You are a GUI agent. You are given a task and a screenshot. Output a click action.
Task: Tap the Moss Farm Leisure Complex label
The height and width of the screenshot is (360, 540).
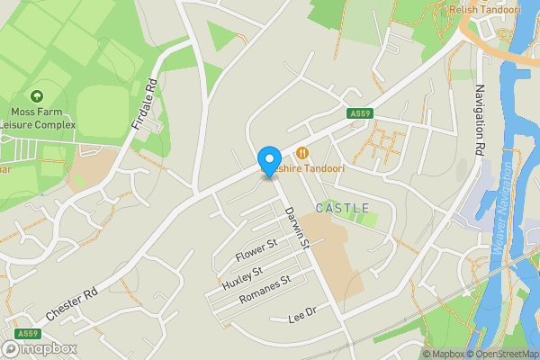coord(36,117)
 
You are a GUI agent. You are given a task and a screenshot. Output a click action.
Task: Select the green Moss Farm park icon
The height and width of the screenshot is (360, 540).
coord(37,95)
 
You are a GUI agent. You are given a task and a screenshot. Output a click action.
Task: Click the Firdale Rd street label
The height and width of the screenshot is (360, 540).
coord(144,103)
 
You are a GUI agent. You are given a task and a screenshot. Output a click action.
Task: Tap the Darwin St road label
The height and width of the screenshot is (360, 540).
coord(297,228)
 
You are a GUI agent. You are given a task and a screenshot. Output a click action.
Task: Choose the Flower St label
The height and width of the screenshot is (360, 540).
coord(256,250)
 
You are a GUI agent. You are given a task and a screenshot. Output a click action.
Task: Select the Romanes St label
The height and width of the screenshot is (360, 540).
coord(259,293)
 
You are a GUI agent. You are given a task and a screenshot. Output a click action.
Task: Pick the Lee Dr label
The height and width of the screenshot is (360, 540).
coord(303,317)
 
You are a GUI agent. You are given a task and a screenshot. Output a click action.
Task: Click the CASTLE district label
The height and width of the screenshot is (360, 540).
coord(343,208)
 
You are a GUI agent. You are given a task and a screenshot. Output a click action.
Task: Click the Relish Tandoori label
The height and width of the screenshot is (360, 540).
coord(485,10)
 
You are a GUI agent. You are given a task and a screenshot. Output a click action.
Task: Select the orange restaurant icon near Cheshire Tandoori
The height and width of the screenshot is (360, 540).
coord(302,153)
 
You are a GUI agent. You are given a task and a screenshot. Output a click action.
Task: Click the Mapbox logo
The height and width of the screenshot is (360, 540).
coord(40,348)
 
